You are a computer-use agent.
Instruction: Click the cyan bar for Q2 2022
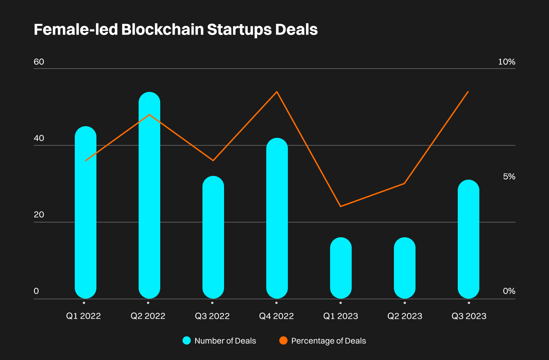point(149,195)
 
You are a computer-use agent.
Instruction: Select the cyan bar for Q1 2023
point(341,268)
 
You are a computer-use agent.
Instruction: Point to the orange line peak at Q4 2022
point(277,92)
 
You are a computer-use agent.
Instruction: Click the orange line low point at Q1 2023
point(340,206)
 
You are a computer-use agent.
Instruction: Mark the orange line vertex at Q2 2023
point(405,183)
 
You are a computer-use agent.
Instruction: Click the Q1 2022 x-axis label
point(83,316)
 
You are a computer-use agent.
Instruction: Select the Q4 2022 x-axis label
point(276,316)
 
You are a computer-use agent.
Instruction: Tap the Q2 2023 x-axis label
point(405,316)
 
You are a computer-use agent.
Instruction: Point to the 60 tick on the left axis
point(39,62)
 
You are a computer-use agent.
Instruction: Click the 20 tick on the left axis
point(39,215)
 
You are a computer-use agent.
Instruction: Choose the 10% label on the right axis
point(506,62)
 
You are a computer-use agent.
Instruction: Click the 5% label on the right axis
point(509,177)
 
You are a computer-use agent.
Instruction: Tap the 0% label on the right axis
point(509,291)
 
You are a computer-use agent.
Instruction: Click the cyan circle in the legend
point(187,340)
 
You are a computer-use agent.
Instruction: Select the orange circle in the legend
point(283,340)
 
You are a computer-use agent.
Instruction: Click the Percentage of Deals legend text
point(328,341)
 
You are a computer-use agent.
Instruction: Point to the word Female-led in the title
point(76,29)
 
